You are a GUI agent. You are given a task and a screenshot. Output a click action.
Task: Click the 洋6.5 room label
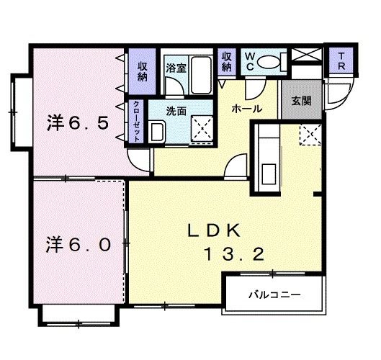[77, 123]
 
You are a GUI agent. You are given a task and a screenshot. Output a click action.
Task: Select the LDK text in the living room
[214, 230]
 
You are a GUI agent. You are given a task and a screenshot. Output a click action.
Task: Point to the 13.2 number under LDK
[235, 254]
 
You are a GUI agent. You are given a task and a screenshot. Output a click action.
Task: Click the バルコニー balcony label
[275, 295]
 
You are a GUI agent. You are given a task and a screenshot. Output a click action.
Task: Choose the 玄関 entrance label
[301, 101]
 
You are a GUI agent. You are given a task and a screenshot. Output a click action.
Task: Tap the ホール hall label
[247, 109]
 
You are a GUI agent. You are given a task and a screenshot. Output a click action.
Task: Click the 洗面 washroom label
[176, 112]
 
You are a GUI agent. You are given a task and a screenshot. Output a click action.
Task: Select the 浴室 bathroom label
[176, 68]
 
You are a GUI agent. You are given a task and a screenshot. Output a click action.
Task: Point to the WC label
[250, 62]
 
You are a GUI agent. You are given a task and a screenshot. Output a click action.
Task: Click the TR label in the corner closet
[341, 61]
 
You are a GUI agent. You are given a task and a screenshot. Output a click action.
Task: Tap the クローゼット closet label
[137, 122]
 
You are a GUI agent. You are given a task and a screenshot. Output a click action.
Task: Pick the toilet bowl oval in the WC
[268, 63]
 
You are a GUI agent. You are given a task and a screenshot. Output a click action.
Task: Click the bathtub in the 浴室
[201, 75]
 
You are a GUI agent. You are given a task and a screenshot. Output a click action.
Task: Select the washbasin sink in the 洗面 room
[158, 132]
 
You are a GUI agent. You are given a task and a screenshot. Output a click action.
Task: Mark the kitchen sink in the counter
[268, 174]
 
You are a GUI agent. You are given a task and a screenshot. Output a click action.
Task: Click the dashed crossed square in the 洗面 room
[202, 128]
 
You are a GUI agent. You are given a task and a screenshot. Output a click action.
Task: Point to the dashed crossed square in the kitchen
[310, 135]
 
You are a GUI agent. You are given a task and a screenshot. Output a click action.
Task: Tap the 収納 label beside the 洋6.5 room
[143, 71]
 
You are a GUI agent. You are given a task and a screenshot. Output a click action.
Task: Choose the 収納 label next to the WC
[226, 62]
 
